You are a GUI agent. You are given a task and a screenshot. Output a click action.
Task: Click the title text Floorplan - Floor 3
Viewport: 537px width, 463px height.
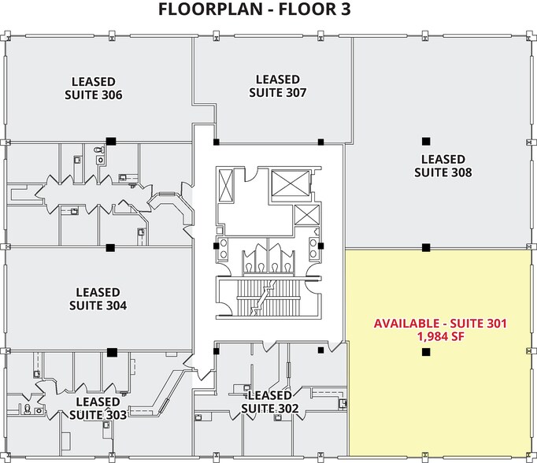coord(254,9)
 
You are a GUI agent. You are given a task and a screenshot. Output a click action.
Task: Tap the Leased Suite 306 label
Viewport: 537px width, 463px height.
coord(93,88)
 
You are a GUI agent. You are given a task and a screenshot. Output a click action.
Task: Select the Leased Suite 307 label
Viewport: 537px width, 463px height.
coord(277,86)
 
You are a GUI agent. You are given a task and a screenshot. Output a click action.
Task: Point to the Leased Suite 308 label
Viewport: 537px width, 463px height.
coord(443,165)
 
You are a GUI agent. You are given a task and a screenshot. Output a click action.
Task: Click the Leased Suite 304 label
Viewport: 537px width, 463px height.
coord(98,298)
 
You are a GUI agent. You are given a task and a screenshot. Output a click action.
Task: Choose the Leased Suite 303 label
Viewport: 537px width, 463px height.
coord(98,408)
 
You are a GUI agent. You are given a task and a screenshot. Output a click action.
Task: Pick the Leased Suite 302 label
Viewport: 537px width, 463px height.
coord(270,402)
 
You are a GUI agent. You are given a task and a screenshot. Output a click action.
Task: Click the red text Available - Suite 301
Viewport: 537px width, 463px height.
coord(440,324)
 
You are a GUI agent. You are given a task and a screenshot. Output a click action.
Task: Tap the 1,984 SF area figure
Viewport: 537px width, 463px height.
coord(440,337)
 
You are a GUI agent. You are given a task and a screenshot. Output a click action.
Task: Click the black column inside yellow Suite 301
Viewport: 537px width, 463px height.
coord(426,352)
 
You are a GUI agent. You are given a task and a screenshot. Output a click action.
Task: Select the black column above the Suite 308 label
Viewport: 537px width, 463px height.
coord(426,141)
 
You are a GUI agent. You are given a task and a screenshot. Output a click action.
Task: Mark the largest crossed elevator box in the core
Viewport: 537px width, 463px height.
coord(290,183)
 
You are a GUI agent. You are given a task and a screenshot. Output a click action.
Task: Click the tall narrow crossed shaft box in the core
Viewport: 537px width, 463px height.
coord(226,185)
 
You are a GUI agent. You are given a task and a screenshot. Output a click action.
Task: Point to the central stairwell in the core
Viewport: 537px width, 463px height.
coord(268,298)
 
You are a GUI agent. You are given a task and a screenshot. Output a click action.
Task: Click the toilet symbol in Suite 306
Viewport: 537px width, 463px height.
coord(100,150)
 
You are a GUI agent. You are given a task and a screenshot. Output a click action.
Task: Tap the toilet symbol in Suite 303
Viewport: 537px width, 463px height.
coord(28,409)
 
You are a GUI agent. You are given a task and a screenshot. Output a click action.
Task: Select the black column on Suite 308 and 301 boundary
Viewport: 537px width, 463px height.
coord(426,247)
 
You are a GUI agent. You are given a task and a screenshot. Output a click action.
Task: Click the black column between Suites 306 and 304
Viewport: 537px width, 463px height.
coord(110,247)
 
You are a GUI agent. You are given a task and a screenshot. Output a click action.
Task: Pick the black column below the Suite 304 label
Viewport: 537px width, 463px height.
coord(112,352)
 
